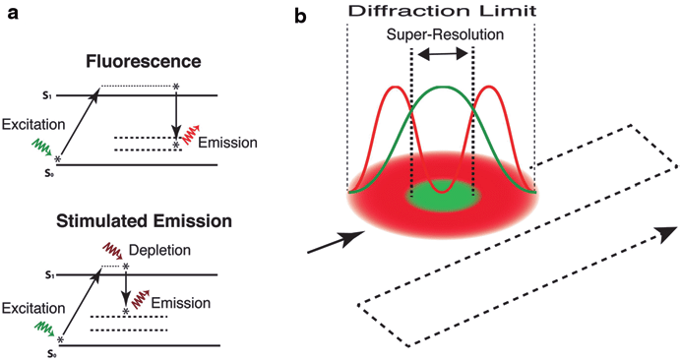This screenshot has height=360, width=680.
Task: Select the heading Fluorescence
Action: point(143,61)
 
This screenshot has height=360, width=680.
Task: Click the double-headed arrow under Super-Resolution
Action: point(442,57)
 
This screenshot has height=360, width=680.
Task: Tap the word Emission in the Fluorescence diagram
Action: point(227,144)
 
